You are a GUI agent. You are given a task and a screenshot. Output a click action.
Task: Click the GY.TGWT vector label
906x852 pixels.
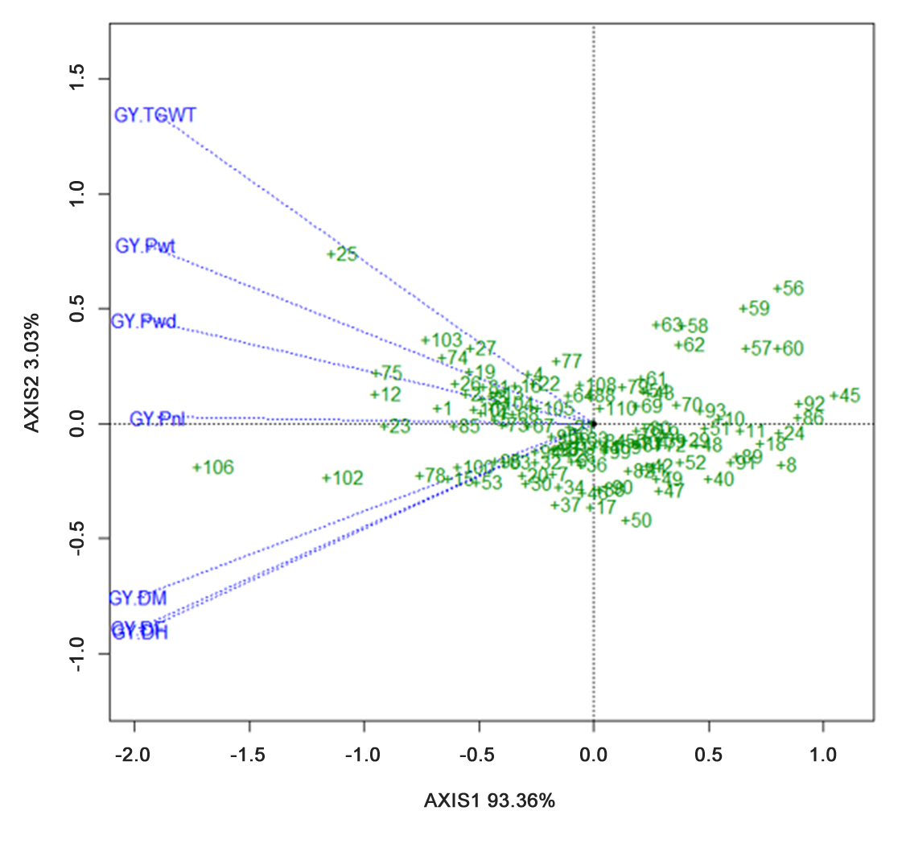[155, 115]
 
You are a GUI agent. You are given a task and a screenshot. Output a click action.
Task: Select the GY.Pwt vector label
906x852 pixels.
[146, 246]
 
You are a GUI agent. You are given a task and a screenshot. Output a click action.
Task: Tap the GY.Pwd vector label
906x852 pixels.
[143, 321]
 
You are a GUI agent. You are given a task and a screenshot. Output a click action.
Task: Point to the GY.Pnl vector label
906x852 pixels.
[158, 419]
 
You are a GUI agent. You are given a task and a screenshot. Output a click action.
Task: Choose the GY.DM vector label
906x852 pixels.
[138, 599]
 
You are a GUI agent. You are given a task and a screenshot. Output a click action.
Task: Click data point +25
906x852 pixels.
[343, 254]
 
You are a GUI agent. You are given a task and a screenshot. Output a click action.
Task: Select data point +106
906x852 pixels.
[213, 467]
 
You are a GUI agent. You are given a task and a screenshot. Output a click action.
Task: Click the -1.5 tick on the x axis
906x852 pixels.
[249, 755]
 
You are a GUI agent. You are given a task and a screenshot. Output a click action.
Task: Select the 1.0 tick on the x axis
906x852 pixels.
[822, 755]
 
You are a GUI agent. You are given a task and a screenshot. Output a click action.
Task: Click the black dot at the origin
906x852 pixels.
[593, 423]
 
